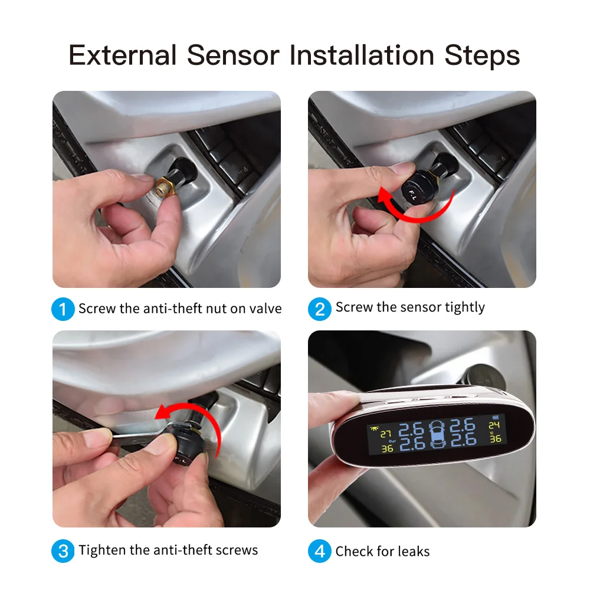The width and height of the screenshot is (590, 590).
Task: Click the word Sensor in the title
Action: click(x=233, y=55)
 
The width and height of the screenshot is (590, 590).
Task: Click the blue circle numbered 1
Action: click(x=63, y=309)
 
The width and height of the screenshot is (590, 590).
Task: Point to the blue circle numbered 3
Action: click(x=63, y=551)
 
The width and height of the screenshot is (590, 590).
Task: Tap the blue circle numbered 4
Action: click(x=320, y=552)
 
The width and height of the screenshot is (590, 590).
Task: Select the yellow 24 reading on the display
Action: click(x=494, y=425)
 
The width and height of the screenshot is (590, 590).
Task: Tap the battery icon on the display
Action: click(x=494, y=417)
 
